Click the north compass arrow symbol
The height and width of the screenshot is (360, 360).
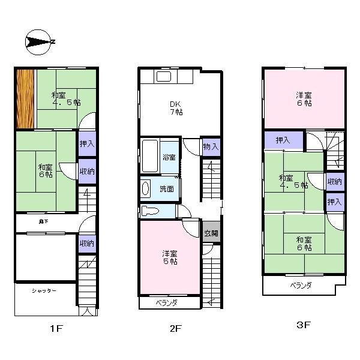[x=39, y=42]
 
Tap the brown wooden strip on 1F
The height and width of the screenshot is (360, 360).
[x=24, y=99]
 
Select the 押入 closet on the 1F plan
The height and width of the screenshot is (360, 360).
[x=87, y=144]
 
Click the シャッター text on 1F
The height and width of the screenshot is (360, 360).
[x=44, y=291]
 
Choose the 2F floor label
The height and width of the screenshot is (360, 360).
[x=174, y=328]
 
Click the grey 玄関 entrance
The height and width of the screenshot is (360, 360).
[x=211, y=233]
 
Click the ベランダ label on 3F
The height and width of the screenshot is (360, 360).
[x=300, y=286]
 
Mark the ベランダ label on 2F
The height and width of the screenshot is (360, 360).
[x=166, y=303]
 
